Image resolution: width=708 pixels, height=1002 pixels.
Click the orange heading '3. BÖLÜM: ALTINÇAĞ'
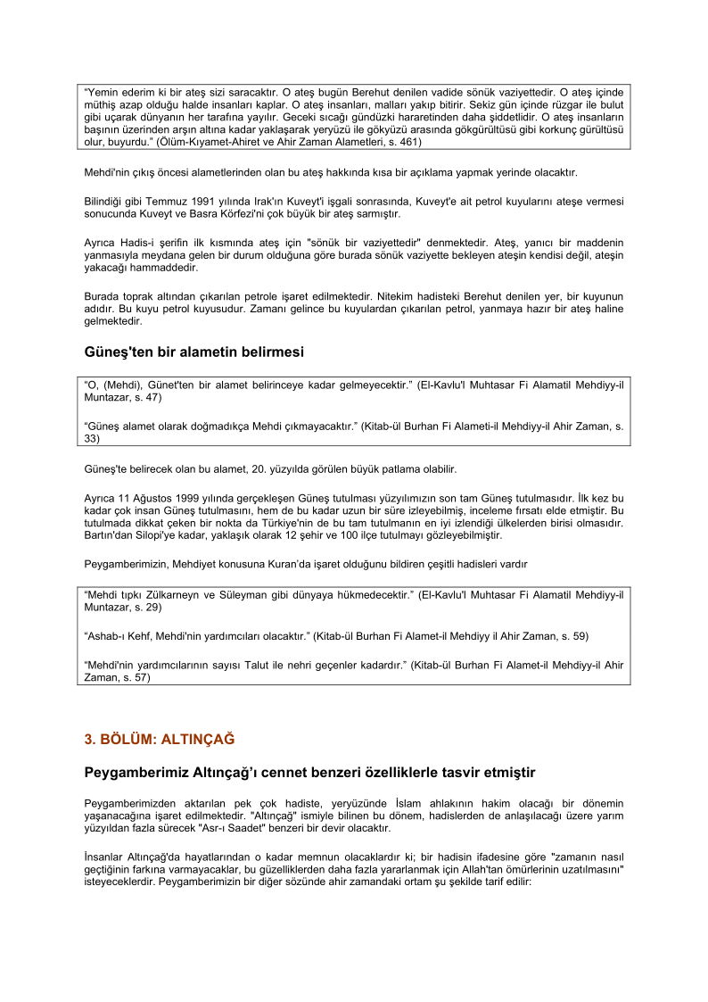tap(159, 739)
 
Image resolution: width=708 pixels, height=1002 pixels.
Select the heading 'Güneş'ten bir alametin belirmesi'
tap(193, 352)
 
